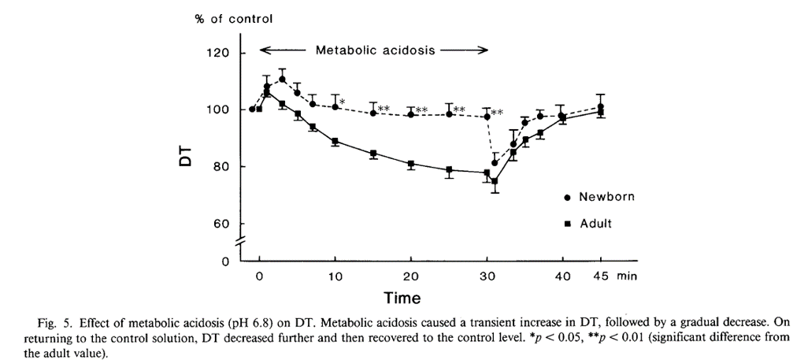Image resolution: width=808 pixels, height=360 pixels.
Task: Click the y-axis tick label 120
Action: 217,54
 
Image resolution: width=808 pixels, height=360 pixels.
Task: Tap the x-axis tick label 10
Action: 335,276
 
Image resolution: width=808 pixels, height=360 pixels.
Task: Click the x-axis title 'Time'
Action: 402,299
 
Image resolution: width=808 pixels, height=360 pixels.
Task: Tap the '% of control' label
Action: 234,20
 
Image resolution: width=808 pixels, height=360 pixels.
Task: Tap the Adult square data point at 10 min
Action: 335,141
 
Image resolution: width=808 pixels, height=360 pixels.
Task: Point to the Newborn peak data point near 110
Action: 282,79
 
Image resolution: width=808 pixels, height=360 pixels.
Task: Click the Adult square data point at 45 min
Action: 601,112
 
